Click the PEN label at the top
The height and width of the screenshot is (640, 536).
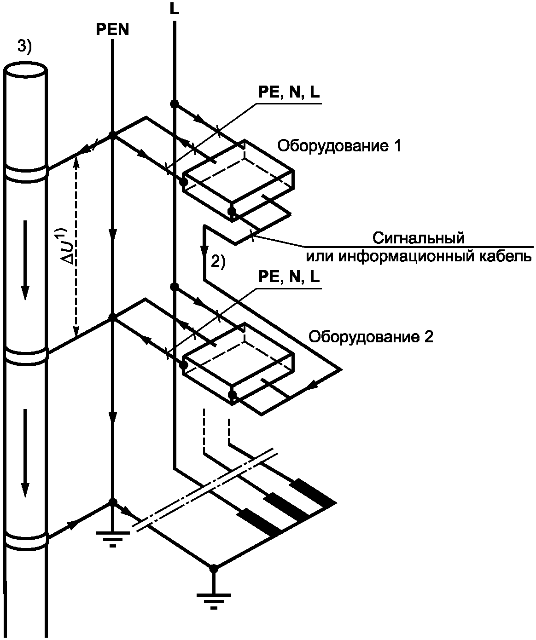click(x=112, y=30)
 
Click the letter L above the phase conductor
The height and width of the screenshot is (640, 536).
click(x=174, y=10)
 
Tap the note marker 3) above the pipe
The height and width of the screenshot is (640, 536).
click(x=25, y=46)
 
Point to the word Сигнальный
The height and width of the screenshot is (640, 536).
click(x=418, y=238)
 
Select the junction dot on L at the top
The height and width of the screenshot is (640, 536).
click(x=174, y=104)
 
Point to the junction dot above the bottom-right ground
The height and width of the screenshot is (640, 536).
click(x=214, y=569)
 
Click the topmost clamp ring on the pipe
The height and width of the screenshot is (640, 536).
click(x=26, y=171)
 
